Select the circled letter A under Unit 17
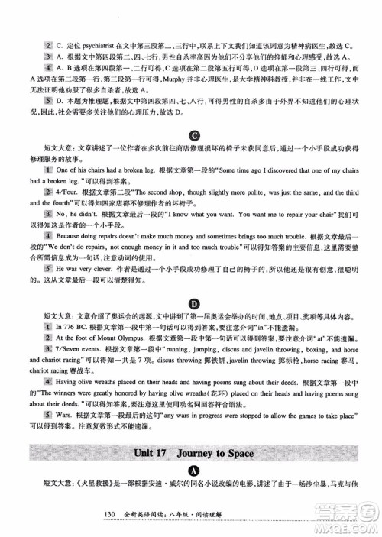[x=192, y=474]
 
